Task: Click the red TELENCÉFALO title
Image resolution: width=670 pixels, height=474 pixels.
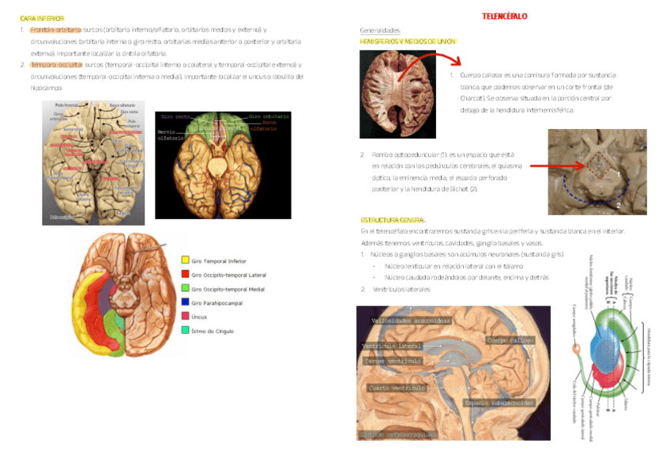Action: [505, 17]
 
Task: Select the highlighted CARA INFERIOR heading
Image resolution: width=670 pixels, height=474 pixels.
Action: [42, 17]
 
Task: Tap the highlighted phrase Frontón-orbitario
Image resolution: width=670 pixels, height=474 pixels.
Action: [55, 29]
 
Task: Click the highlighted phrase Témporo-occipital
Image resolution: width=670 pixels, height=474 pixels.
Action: [56, 65]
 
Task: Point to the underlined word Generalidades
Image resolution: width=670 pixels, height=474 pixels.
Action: [379, 30]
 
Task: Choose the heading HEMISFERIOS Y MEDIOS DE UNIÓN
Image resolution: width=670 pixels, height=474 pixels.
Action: [407, 41]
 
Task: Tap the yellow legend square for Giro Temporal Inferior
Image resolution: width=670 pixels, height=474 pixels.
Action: [185, 260]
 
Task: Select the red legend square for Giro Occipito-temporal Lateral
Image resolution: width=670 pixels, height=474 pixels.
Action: [185, 275]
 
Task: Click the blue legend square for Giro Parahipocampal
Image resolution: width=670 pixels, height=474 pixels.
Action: [185, 302]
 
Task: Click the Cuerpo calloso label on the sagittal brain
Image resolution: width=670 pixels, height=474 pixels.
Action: [509, 340]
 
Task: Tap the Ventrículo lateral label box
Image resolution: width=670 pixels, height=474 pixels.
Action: [391, 346]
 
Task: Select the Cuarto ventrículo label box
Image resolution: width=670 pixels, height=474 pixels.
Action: [397, 389]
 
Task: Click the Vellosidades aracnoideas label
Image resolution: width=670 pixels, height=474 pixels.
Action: [412, 320]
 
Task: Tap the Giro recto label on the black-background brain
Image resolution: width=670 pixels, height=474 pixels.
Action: [175, 116]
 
